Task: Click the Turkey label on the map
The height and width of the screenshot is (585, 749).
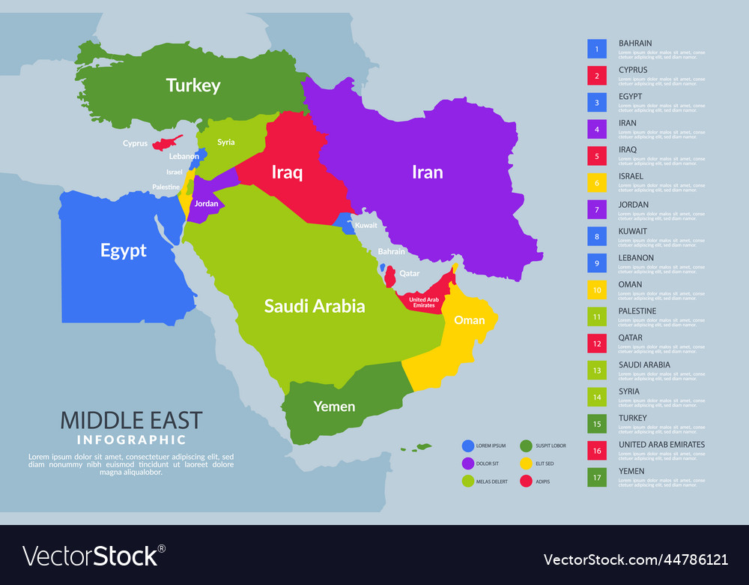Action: (193, 85)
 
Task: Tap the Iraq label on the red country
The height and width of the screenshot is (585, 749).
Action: (287, 172)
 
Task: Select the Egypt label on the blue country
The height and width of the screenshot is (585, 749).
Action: (124, 250)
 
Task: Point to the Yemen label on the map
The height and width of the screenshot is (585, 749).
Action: (334, 406)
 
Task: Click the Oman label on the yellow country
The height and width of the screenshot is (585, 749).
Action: (469, 320)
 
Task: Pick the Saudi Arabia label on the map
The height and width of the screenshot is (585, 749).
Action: (315, 306)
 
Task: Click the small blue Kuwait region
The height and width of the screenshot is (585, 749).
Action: (345, 223)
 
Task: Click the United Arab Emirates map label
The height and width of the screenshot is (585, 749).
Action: (422, 302)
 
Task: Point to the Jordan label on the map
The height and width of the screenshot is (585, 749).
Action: (206, 204)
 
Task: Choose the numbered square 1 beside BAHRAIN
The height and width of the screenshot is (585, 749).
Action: (597, 49)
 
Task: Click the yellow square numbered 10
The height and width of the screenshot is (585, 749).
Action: (597, 289)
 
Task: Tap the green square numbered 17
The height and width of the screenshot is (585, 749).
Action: (597, 477)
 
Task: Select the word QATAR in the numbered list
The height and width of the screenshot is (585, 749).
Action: (631, 337)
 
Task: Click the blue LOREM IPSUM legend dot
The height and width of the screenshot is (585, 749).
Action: (468, 445)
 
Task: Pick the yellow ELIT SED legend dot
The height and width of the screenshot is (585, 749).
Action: (527, 463)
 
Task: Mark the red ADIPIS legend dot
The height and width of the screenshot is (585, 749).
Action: (527, 481)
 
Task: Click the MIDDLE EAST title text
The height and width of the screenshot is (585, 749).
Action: (131, 420)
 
